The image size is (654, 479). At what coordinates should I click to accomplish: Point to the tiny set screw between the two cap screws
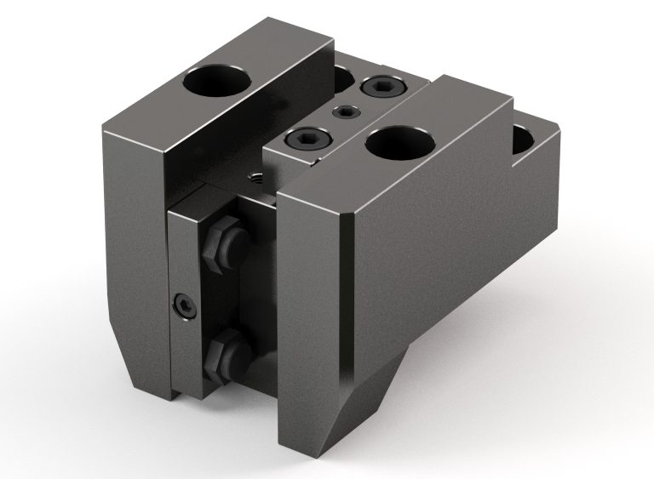pyautogui.click(x=345, y=111)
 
